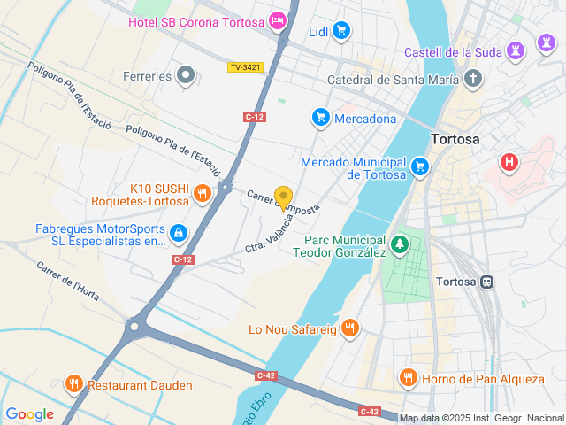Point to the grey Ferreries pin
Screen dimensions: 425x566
point(185,76)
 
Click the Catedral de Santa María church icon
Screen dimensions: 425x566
point(473,80)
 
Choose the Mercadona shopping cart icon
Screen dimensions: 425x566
point(320,118)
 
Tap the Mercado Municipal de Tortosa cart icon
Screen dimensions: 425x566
point(420,166)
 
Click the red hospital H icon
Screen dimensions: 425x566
point(509,163)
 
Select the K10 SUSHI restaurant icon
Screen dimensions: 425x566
point(203,194)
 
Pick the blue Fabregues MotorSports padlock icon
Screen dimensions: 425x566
point(179,233)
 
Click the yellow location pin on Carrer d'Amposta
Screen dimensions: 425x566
point(283,197)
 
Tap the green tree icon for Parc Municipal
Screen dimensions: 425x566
point(401,243)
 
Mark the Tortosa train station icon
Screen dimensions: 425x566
point(486,282)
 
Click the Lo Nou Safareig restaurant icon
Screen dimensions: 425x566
point(350,329)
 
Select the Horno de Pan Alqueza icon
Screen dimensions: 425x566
point(408,378)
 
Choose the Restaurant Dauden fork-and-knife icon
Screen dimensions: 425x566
point(73,385)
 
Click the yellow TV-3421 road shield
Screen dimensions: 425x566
point(245,67)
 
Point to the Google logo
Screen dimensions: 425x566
point(29,414)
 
